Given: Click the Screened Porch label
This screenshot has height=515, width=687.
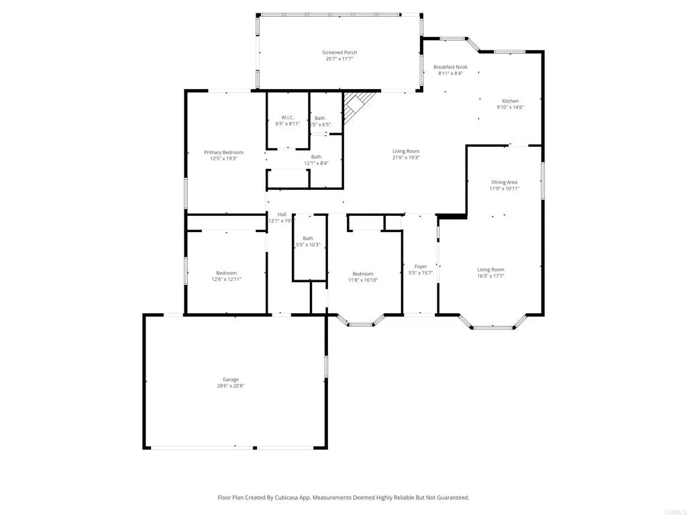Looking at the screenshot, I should click(x=339, y=52).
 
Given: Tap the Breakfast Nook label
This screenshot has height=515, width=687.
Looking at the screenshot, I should click(x=450, y=67).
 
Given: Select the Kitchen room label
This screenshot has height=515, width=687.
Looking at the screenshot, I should click(x=510, y=101).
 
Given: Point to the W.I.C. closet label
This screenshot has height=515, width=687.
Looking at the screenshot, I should click(x=288, y=117).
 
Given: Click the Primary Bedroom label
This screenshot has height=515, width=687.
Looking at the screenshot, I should click(x=223, y=152).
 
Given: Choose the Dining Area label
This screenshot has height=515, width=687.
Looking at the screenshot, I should click(x=504, y=182).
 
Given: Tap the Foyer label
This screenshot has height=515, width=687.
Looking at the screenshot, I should click(x=421, y=266).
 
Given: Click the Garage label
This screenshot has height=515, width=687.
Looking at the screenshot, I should click(x=231, y=380).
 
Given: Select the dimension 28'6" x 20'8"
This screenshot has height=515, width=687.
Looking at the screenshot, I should click(x=231, y=386).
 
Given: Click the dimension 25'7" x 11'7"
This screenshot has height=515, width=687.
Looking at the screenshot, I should click(x=339, y=59).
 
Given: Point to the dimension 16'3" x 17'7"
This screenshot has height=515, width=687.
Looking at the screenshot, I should click(x=490, y=276).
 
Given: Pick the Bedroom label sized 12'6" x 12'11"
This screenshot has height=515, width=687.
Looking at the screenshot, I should click(x=226, y=273).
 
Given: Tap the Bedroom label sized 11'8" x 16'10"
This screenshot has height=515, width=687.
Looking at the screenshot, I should click(x=363, y=274).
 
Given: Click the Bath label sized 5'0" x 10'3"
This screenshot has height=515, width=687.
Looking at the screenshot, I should click(x=308, y=238).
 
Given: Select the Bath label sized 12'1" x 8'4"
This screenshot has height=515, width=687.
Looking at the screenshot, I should click(x=315, y=157).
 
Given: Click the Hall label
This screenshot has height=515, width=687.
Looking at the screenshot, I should click(x=282, y=215).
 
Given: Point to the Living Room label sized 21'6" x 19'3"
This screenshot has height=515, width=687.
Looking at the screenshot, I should click(x=406, y=151).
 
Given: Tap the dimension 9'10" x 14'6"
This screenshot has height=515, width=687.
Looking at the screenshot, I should click(x=510, y=108).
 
